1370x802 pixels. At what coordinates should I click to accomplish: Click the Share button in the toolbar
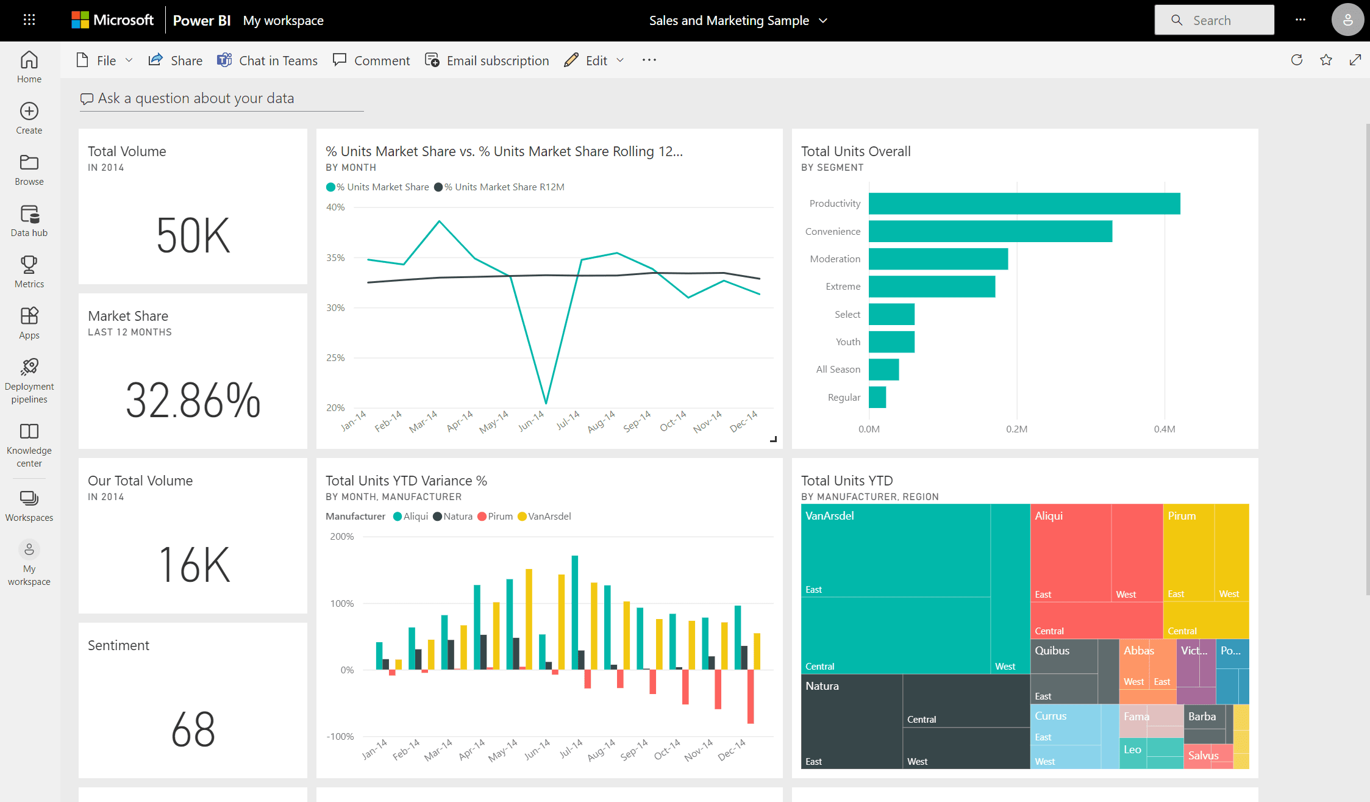tap(176, 60)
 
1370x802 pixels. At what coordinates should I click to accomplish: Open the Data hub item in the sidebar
tap(29, 221)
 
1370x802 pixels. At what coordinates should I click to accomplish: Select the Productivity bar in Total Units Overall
tap(1024, 204)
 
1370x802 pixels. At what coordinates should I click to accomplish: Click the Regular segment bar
tap(877, 397)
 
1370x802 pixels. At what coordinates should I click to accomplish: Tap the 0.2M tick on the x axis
tap(1016, 429)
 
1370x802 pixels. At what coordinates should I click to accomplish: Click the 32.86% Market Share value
tap(193, 401)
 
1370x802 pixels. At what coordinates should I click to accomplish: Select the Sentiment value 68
tap(193, 729)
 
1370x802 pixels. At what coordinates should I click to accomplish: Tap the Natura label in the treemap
tap(822, 686)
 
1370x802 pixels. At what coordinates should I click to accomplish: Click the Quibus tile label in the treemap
tap(1052, 651)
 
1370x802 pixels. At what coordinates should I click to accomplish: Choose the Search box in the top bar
tap(1214, 20)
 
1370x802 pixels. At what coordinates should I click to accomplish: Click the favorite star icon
tap(1325, 60)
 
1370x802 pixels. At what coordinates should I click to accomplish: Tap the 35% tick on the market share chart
tap(335, 257)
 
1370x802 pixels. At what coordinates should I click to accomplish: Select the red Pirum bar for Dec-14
tap(751, 696)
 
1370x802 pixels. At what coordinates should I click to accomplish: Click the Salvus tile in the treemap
tap(1202, 756)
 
